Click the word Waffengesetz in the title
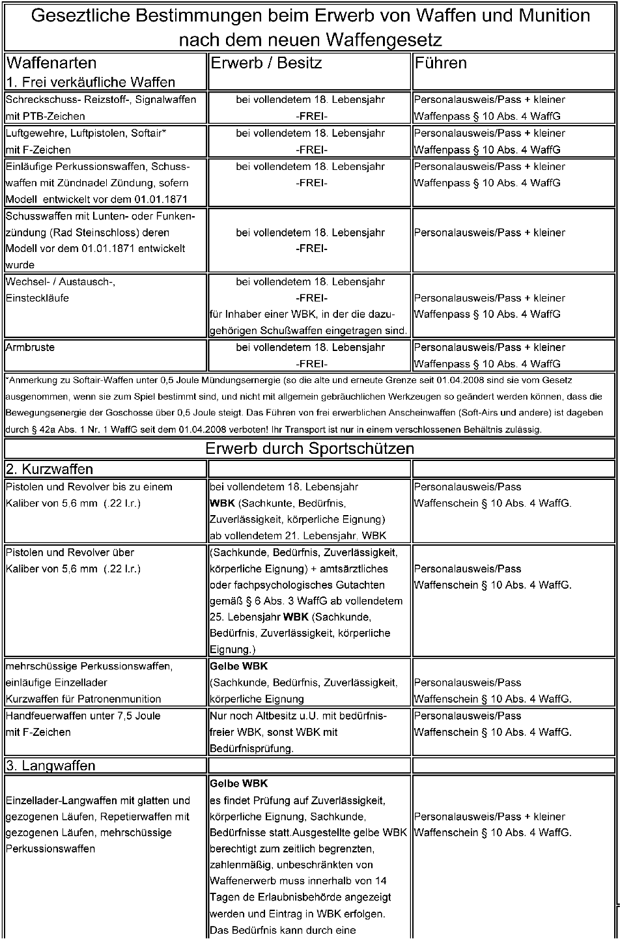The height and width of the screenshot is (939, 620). [x=384, y=40]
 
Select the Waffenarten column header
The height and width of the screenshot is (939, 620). [x=51, y=63]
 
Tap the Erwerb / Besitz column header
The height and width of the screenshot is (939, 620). [x=266, y=63]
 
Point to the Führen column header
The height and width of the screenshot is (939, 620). [x=441, y=63]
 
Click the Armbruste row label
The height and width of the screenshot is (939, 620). [x=30, y=348]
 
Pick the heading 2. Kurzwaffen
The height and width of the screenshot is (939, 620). [x=49, y=470]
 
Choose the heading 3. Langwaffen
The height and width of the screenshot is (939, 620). [x=51, y=766]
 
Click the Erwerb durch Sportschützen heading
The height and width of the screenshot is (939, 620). [x=309, y=449]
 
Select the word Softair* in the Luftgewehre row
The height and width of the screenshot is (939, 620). [x=149, y=133]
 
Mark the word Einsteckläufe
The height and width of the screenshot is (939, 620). [x=37, y=298]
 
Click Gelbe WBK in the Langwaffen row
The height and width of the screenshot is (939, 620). [x=239, y=783]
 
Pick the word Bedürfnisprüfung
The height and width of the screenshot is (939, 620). [x=251, y=749]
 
